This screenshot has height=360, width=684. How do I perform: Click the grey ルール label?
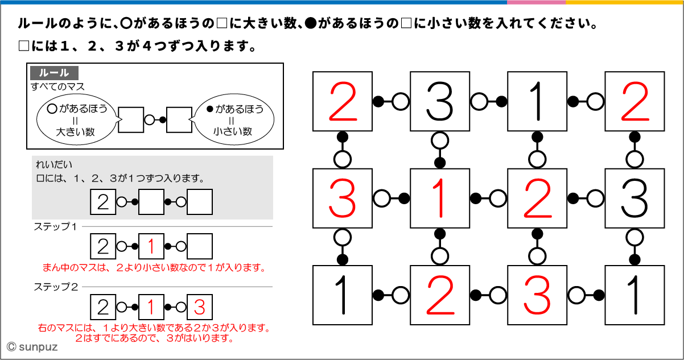(x=54, y=73)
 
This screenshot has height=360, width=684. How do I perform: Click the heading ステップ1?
(x=55, y=226)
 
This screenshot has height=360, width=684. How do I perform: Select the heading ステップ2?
(x=55, y=287)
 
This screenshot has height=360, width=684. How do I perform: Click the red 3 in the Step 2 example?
(x=199, y=308)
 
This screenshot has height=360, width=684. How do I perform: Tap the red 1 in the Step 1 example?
(x=151, y=247)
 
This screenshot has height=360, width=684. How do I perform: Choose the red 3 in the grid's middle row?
(x=343, y=198)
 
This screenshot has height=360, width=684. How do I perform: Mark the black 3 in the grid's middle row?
(x=634, y=198)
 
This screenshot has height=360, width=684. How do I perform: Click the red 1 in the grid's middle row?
(x=440, y=198)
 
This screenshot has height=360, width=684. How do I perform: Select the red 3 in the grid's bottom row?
(x=537, y=295)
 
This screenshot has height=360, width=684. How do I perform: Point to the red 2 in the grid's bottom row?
(x=440, y=295)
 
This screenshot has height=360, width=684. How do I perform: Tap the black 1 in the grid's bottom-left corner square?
(x=343, y=295)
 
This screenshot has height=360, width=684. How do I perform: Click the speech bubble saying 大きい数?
(x=76, y=120)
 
